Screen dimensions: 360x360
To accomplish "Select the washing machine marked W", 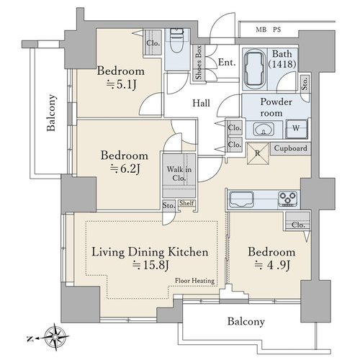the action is [x=297, y=129].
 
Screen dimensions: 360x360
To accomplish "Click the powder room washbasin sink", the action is [x=264, y=130].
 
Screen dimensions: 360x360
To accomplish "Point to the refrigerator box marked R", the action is [x=258, y=153].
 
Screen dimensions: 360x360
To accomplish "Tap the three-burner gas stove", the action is [x=288, y=199].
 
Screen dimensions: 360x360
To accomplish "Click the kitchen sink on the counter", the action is [x=242, y=199].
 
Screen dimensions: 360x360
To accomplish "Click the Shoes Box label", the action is [x=199, y=63].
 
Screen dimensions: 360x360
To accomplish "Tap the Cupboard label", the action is [x=290, y=148].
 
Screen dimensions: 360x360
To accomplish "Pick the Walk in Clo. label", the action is [x=179, y=174].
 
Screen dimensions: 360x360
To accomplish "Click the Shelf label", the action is [x=186, y=203].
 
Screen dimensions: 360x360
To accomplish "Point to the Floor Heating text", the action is [x=194, y=281].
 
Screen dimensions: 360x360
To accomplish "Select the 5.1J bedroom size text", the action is [x=121, y=84].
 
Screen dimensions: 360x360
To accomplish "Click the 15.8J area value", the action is [x=151, y=265].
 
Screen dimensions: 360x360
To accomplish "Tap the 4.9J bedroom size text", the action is [x=272, y=265].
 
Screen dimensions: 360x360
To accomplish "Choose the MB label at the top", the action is [x=261, y=30].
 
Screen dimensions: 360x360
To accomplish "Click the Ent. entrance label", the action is [x=227, y=63].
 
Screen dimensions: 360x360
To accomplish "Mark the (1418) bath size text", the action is [x=282, y=64].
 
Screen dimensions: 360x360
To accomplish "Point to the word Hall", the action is [x=201, y=103].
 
